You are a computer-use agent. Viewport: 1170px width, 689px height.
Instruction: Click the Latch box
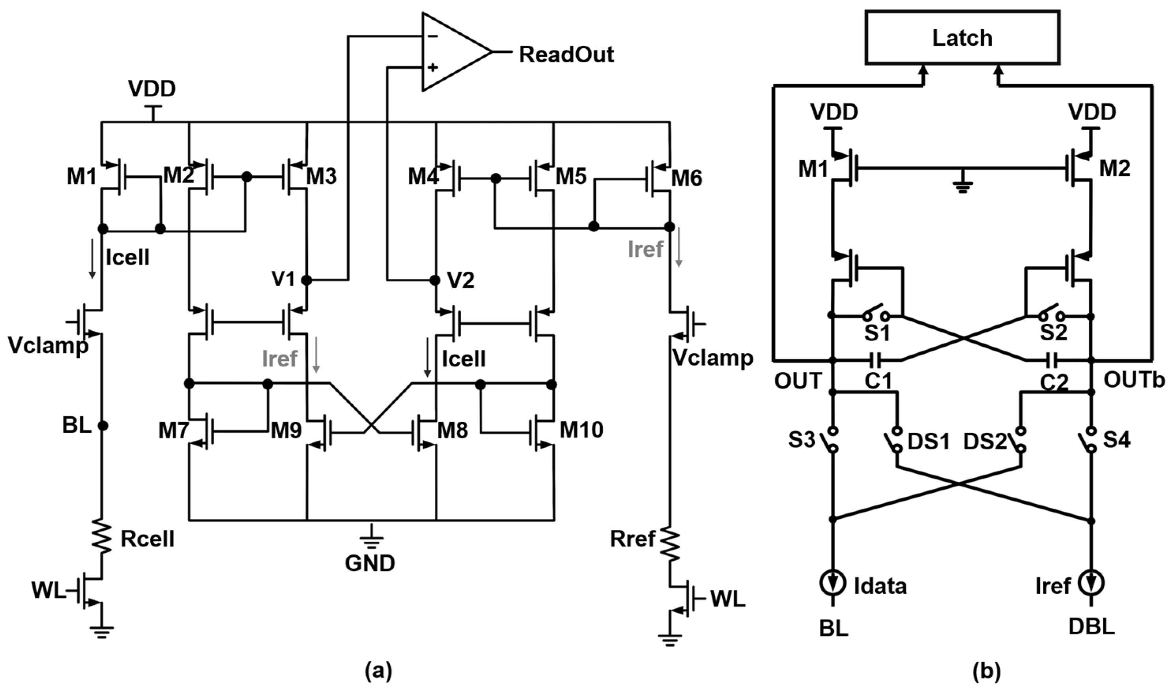[962, 38]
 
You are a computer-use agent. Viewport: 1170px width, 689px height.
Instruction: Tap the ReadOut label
[566, 55]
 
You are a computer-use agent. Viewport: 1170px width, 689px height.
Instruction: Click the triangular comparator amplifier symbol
[453, 52]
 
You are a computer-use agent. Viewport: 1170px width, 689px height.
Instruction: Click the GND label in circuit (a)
[370, 563]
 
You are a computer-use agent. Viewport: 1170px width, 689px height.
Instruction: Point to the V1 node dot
[307, 280]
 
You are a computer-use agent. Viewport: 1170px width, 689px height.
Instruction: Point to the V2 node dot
[435, 280]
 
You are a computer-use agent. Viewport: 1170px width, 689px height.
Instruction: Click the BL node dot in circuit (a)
[103, 425]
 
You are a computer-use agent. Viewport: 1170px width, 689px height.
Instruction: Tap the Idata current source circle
[832, 584]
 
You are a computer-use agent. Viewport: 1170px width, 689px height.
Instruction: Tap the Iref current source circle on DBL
[1091, 584]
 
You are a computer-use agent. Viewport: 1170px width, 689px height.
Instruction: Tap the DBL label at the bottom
[1091, 628]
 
